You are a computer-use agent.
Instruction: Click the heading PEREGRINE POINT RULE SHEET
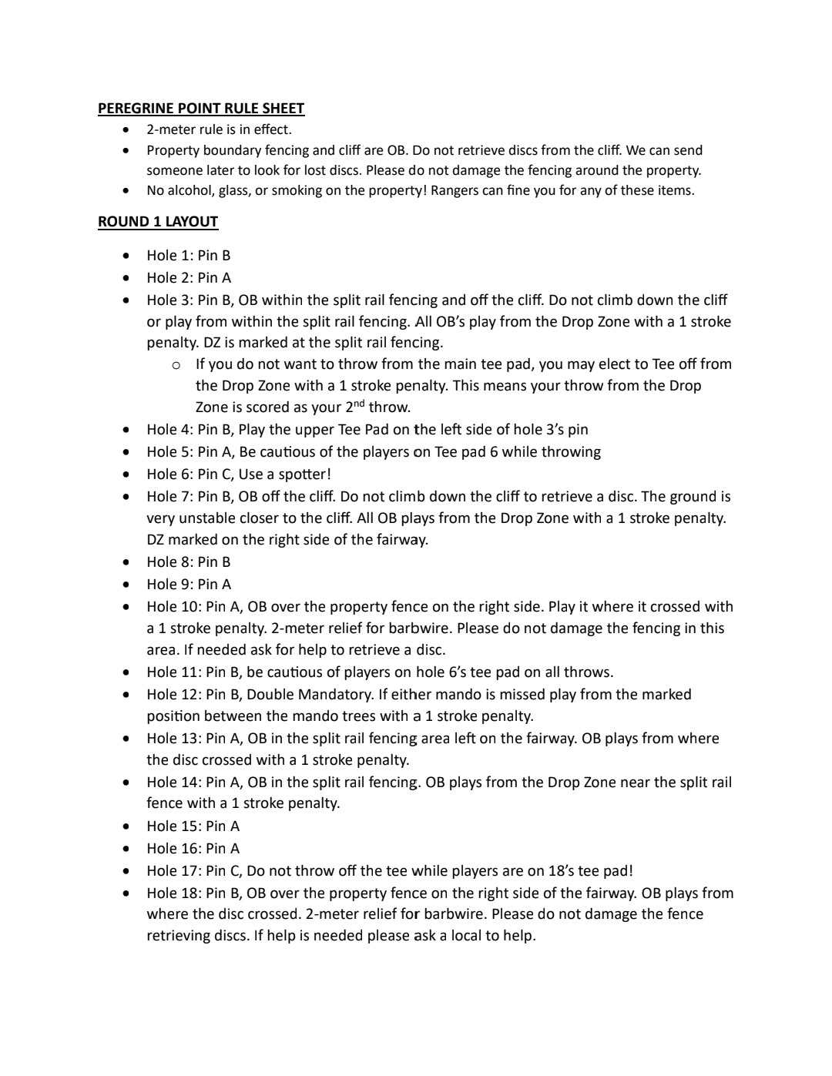[x=200, y=109]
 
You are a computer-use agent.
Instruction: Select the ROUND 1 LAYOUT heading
[x=157, y=222]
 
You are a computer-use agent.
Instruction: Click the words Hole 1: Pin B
[x=188, y=256]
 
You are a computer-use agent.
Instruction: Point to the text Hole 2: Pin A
[x=188, y=278]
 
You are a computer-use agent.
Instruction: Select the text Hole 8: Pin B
[x=188, y=562]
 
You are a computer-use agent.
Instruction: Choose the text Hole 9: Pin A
[x=188, y=585]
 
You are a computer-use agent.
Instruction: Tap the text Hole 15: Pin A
[x=193, y=826]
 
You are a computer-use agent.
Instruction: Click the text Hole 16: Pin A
[x=193, y=849]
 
